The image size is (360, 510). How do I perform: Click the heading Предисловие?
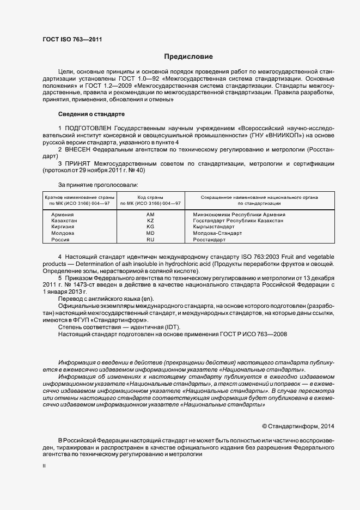[189, 57]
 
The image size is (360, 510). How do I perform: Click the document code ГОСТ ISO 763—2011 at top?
[72, 40]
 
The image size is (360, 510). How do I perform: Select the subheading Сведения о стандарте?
[91, 114]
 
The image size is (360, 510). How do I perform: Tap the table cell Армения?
[62, 215]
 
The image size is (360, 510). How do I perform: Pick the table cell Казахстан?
[64, 221]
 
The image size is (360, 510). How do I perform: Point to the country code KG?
[151, 227]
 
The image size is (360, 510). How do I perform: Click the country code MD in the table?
[151, 233]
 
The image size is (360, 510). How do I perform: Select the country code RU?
[151, 239]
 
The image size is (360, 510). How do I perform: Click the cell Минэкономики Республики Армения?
[239, 215]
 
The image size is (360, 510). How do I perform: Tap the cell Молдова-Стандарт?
[218, 233]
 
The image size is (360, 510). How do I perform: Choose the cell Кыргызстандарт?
[214, 227]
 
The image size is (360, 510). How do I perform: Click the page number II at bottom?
[44, 466]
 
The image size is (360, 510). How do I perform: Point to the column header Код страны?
[151, 197]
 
